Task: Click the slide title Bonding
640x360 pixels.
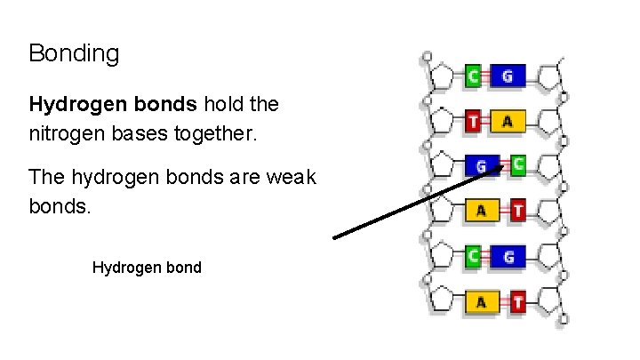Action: pyautogui.click(x=74, y=53)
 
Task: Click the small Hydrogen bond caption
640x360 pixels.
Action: pyautogui.click(x=147, y=267)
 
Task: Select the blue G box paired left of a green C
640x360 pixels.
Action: pyautogui.click(x=481, y=165)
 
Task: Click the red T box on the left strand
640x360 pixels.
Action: pyautogui.click(x=474, y=121)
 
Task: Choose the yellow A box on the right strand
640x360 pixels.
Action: pyautogui.click(x=507, y=121)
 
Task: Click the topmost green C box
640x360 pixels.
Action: pyautogui.click(x=474, y=76)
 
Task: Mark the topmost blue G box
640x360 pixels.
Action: pyautogui.click(x=507, y=76)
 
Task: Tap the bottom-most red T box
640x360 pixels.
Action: pyautogui.click(x=517, y=301)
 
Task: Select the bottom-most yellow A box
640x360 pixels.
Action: pyautogui.click(x=481, y=301)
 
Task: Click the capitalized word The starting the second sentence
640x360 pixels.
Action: pyautogui.click(x=46, y=176)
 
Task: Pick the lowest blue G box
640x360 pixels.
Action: pyautogui.click(x=507, y=257)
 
